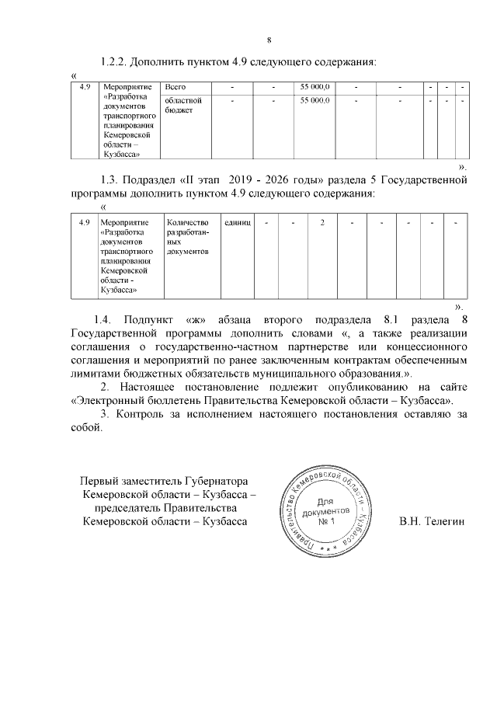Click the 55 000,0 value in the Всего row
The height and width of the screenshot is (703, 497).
pos(315,86)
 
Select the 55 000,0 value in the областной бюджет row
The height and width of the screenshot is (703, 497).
pos(315,101)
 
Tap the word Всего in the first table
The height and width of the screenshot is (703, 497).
pos(176,86)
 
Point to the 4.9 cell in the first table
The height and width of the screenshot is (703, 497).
pos(85,86)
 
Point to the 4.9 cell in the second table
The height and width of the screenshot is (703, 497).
pos(85,223)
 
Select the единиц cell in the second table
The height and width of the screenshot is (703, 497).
pos(237,223)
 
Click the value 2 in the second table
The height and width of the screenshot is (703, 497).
pos(322,223)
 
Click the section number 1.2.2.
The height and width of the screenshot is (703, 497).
pos(117,61)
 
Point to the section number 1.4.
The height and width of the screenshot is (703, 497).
pos(103,320)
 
